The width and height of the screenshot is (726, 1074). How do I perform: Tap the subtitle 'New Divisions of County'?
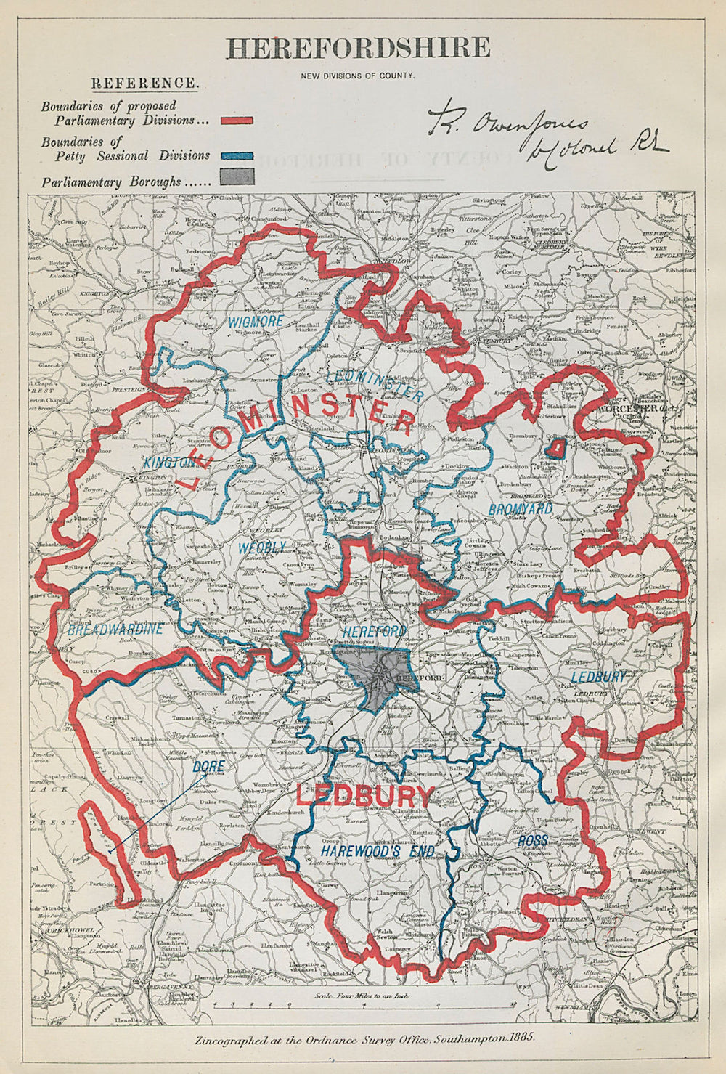(359, 75)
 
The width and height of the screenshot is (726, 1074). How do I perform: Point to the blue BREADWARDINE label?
(116, 630)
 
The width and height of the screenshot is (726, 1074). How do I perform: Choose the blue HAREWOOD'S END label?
(378, 850)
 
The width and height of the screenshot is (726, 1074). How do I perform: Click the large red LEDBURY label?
(366, 796)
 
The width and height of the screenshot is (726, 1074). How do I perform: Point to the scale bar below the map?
(363, 1006)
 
